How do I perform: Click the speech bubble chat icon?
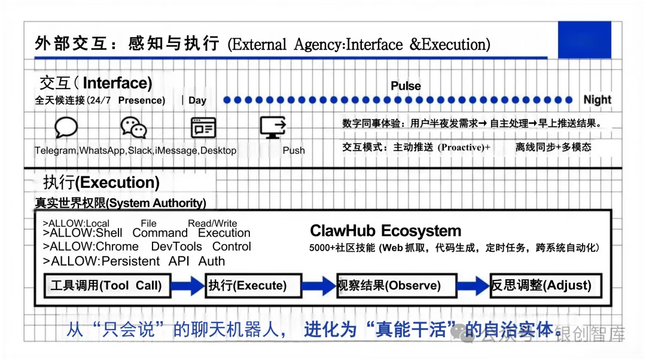(66, 127)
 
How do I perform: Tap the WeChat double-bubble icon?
(133, 127)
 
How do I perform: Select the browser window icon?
(203, 127)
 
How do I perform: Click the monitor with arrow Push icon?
(274, 127)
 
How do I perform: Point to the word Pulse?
(406, 86)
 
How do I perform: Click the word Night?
(597, 100)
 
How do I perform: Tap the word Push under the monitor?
(294, 151)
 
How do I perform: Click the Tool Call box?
(107, 285)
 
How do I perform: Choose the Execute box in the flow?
(248, 286)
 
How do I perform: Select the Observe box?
(397, 286)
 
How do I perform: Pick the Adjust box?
(545, 285)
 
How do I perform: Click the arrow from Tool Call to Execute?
(187, 286)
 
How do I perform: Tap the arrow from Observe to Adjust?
(473, 286)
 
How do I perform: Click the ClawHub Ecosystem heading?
(385, 231)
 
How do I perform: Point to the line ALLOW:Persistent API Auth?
(135, 261)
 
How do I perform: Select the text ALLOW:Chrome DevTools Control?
(147, 247)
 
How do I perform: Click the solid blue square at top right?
(584, 39)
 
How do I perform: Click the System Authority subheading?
(120, 203)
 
